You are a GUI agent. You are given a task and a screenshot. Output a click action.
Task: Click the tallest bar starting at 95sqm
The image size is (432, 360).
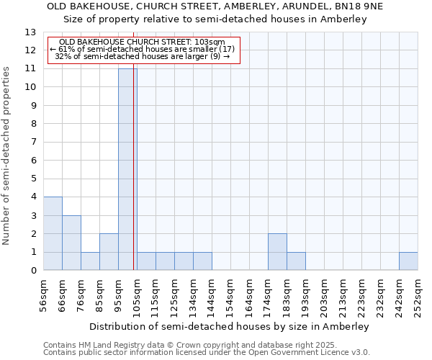click(127, 169)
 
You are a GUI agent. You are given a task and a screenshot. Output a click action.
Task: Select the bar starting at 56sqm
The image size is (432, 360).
click(53, 233)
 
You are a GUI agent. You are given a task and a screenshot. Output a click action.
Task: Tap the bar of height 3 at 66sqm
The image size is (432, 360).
click(71, 243)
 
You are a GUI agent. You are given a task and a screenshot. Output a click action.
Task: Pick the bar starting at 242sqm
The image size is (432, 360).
click(408, 261)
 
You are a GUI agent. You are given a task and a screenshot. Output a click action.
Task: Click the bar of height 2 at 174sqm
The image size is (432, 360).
click(277, 252)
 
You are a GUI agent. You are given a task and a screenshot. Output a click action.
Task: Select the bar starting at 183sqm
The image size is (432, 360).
click(296, 261)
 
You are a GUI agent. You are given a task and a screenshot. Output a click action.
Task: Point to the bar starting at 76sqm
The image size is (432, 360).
click(90, 261)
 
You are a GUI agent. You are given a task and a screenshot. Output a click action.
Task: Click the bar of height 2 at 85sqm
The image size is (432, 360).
click(109, 252)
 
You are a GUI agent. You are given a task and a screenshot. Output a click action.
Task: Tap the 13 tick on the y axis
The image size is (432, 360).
click(31, 32)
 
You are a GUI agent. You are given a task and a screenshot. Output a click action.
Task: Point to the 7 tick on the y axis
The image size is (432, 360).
click(33, 143)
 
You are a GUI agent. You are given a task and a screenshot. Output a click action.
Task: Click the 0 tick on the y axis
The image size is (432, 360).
click(33, 271)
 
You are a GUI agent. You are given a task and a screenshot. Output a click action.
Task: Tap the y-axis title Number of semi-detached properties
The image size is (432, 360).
click(6, 155)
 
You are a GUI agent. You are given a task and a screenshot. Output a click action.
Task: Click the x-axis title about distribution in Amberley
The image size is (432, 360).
click(230, 326)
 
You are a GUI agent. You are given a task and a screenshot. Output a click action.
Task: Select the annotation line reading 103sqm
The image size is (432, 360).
click(142, 42)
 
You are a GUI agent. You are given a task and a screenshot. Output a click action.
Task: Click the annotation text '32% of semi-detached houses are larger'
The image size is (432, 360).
click(142, 56)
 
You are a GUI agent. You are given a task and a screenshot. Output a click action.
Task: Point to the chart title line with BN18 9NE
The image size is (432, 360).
click(216, 6)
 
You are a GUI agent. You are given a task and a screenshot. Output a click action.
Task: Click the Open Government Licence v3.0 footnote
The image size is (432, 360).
click(207, 353)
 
